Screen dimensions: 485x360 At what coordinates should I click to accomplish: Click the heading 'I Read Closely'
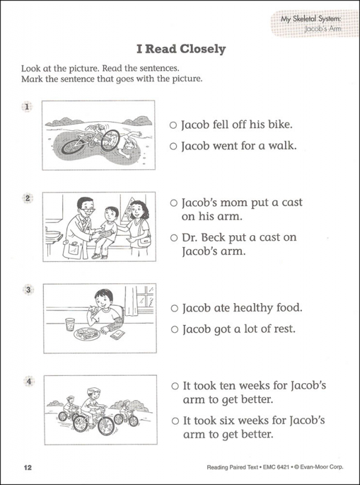click(179, 49)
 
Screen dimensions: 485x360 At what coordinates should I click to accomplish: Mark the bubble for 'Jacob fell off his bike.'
click(173, 125)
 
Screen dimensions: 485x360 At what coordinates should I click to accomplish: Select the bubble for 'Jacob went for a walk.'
click(173, 147)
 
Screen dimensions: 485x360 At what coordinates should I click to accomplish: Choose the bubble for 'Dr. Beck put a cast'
click(173, 238)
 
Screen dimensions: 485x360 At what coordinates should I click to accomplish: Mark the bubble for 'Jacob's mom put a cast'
click(173, 202)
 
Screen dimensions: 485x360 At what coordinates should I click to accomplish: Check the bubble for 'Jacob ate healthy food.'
click(173, 308)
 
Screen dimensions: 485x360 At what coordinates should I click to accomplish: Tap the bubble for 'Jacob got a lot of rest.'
click(173, 330)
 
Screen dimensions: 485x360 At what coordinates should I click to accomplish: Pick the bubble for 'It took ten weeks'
click(173, 386)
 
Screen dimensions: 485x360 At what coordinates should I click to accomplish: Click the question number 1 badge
click(27, 107)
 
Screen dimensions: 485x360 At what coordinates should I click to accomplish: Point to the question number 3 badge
click(27, 290)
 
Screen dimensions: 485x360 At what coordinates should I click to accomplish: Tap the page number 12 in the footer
click(27, 467)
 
